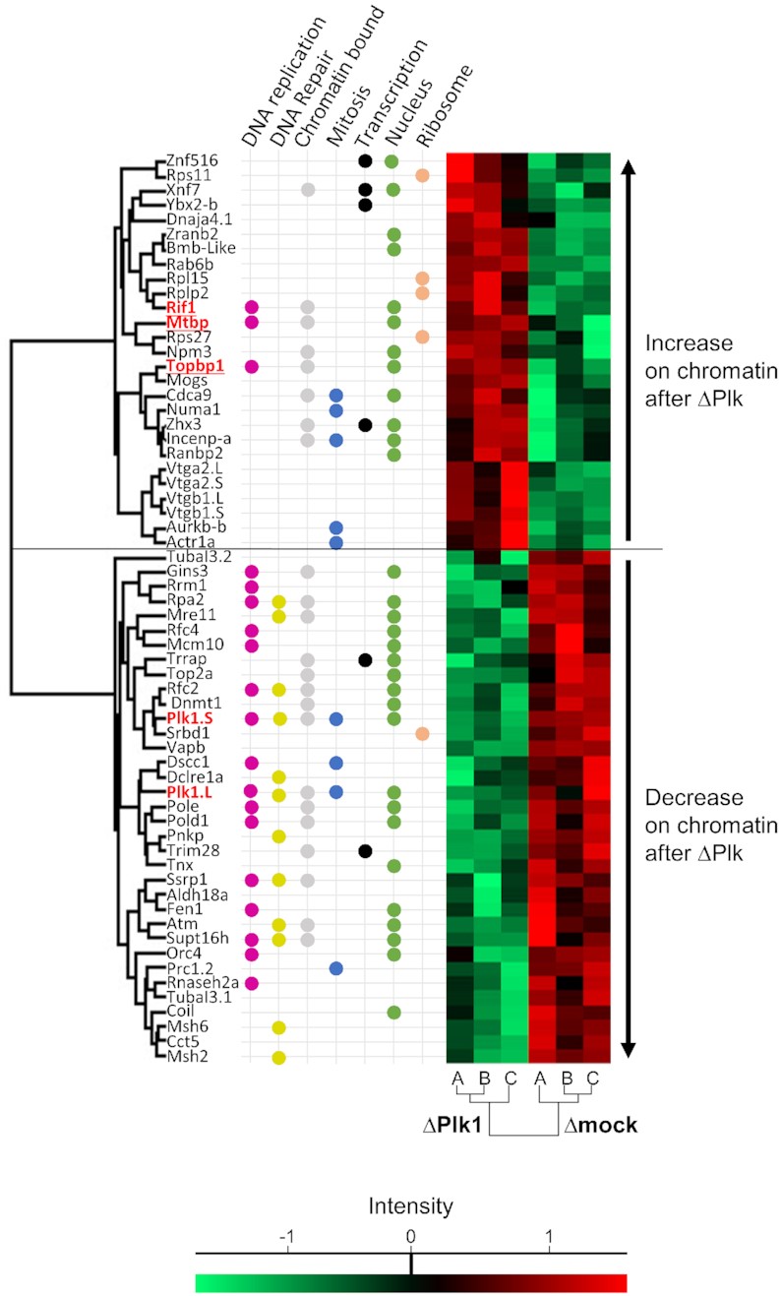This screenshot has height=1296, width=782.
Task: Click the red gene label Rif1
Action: pos(182,307)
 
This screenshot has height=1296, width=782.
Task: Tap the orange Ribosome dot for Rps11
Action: pos(422,175)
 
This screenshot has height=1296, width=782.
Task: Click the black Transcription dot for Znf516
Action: pos(365,160)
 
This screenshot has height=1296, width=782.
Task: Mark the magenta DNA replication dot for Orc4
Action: pos(251,954)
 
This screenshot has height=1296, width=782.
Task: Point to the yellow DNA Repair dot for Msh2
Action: pos(279,1058)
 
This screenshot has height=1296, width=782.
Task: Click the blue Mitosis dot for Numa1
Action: pos(336,409)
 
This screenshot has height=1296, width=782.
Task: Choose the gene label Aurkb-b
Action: pos(194,527)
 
